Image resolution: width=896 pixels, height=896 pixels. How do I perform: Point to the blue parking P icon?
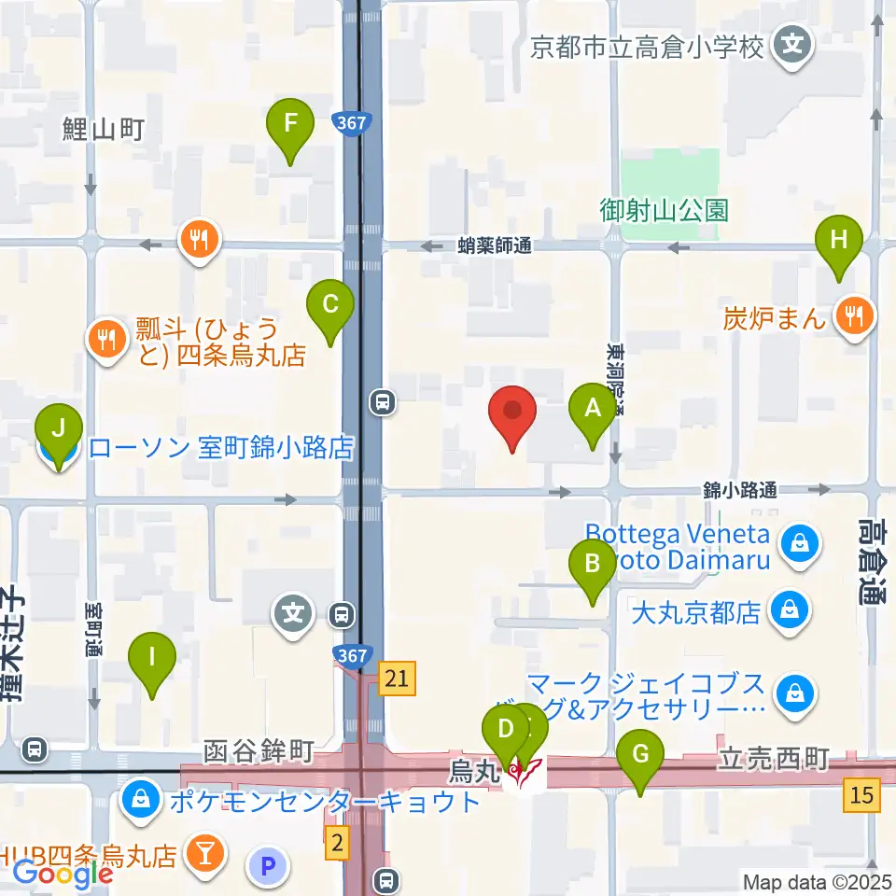coord(268,867)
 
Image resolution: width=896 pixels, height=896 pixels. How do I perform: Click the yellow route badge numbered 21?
coord(397,679)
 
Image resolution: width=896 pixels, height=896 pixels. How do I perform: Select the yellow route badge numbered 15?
coord(861,795)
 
